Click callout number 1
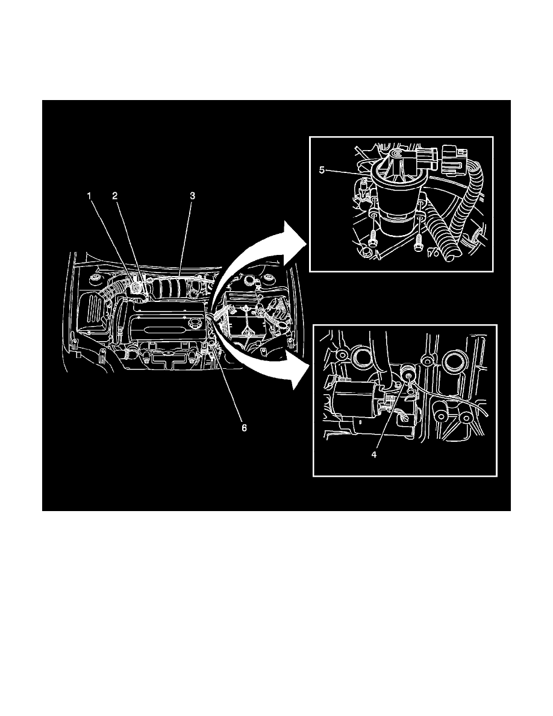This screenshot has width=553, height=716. point(89,196)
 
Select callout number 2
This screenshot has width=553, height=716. point(114,196)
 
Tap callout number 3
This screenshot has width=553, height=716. point(192,196)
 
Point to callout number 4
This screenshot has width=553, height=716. point(374,455)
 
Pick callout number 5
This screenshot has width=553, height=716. point(322,170)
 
